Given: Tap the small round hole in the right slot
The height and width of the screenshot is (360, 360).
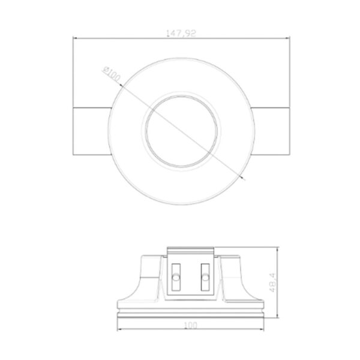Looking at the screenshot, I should [205, 279].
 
